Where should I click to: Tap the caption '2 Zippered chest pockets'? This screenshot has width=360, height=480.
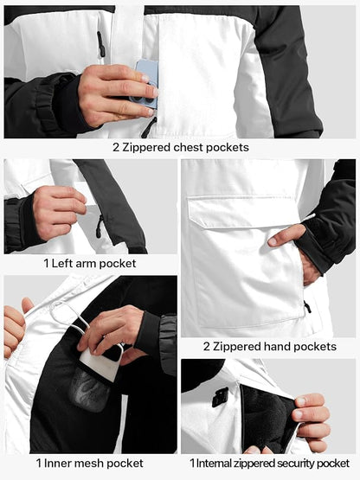[180, 147]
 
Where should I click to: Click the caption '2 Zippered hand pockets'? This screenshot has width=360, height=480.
[269, 346]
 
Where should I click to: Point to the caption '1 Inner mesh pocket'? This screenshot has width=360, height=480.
[91, 463]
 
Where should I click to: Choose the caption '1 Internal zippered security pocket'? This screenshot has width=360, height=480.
[269, 464]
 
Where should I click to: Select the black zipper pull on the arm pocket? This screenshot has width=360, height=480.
[100, 227]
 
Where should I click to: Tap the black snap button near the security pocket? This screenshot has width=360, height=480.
[219, 397]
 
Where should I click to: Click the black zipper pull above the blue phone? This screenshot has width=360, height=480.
[100, 43]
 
